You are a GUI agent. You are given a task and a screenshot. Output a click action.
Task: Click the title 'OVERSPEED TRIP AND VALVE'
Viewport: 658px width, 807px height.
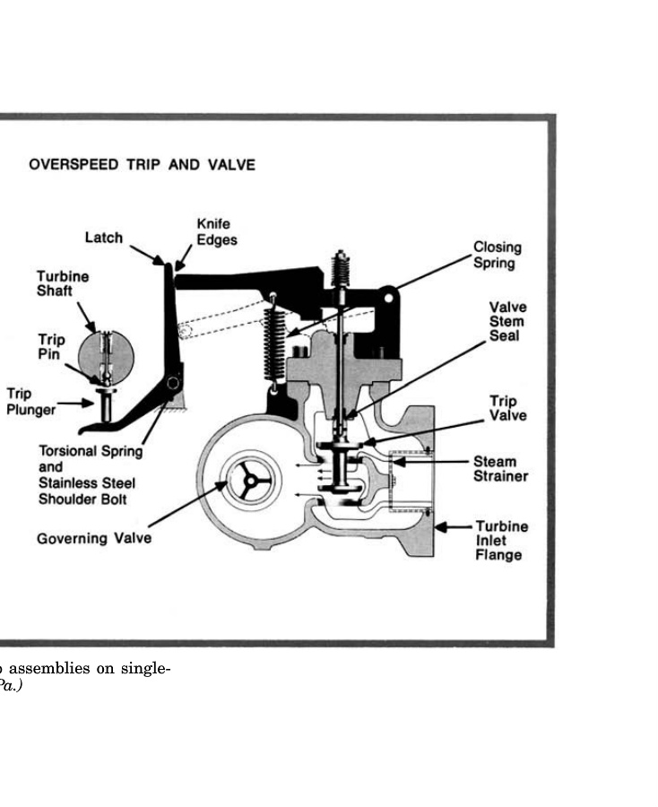(x=142, y=165)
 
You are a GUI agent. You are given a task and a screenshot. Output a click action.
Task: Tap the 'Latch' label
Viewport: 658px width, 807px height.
(x=103, y=238)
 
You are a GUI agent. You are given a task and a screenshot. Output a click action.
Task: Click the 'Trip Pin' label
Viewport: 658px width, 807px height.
(x=51, y=347)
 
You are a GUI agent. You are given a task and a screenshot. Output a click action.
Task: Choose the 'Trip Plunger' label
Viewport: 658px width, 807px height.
(x=30, y=402)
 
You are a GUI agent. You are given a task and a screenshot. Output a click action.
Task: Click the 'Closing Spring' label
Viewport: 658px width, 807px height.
(x=497, y=255)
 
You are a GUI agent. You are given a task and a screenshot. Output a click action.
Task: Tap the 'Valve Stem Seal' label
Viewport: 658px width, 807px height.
(x=507, y=321)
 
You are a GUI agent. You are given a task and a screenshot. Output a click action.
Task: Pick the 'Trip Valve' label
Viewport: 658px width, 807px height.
(x=507, y=408)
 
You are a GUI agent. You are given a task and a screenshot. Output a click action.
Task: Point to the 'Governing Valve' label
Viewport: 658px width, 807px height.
(x=94, y=539)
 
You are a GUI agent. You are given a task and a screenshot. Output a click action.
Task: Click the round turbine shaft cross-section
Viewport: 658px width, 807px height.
(x=107, y=359)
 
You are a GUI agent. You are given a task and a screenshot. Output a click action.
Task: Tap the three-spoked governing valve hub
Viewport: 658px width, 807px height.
(x=245, y=481)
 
